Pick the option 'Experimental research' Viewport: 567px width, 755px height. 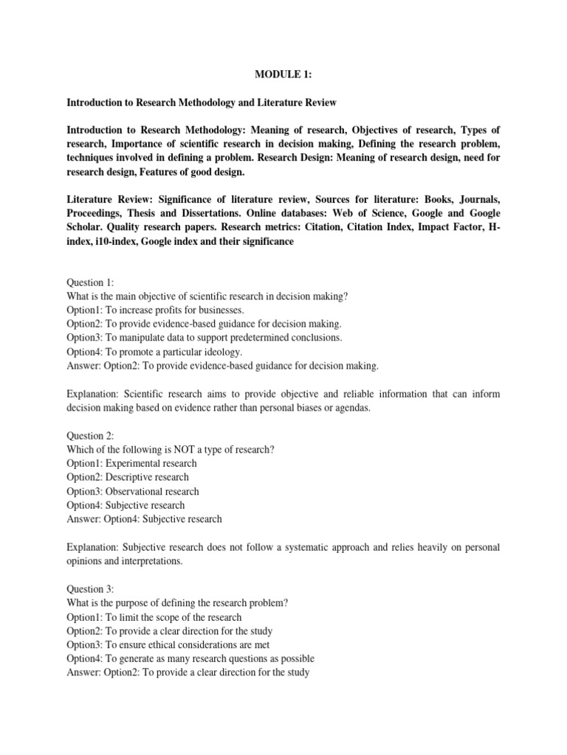click(x=131, y=463)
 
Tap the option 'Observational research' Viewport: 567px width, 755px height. click(x=133, y=491)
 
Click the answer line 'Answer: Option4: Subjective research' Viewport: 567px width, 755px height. click(x=144, y=519)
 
